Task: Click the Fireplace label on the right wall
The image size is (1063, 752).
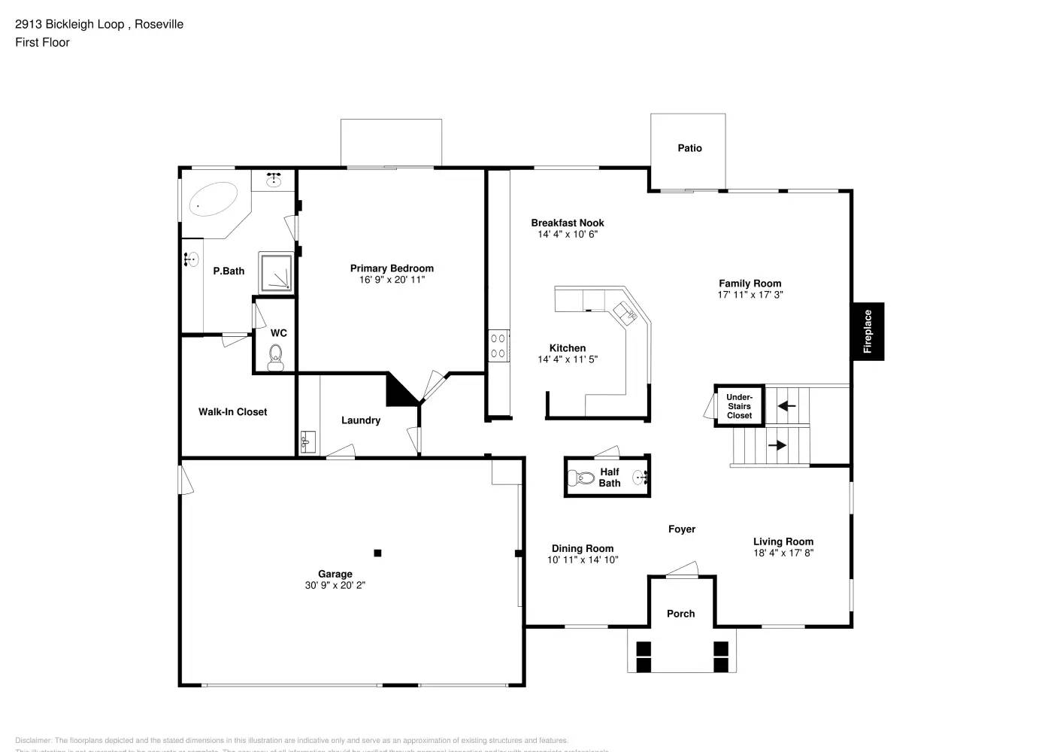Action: pyautogui.click(x=868, y=332)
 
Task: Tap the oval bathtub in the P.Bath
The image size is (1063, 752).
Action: pyautogui.click(x=211, y=200)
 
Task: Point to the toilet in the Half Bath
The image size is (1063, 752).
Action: pyautogui.click(x=583, y=478)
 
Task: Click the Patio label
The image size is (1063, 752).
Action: pyautogui.click(x=689, y=148)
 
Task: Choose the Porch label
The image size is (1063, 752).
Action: pyautogui.click(x=680, y=614)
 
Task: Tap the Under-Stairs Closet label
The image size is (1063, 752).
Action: pyautogui.click(x=739, y=406)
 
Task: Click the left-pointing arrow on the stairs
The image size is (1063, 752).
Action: pyautogui.click(x=786, y=406)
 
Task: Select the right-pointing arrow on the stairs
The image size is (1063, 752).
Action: pyautogui.click(x=777, y=445)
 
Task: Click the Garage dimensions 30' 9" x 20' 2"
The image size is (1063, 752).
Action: pyautogui.click(x=335, y=585)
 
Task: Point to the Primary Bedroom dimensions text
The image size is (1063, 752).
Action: pyautogui.click(x=392, y=280)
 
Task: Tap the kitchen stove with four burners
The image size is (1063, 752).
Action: pyautogui.click(x=498, y=346)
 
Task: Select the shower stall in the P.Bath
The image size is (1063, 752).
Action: pyautogui.click(x=275, y=272)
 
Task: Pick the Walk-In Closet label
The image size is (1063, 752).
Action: pyautogui.click(x=232, y=412)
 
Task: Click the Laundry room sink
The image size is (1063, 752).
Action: pyautogui.click(x=307, y=441)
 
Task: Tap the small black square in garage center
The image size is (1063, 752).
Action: pyautogui.click(x=377, y=553)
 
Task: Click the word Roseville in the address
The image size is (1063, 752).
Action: pyautogui.click(x=159, y=24)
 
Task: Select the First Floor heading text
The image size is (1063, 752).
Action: pyautogui.click(x=42, y=42)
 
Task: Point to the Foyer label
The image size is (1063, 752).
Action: pyautogui.click(x=682, y=529)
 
